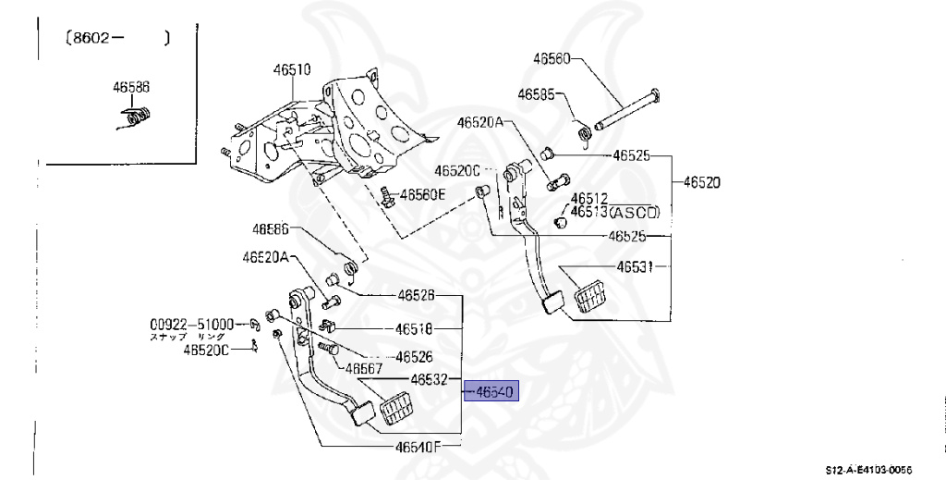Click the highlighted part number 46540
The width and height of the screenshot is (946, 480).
pyautogui.click(x=494, y=391)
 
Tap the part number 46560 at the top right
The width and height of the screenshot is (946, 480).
pyautogui.click(x=552, y=58)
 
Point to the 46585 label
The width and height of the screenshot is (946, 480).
pyautogui.click(x=536, y=94)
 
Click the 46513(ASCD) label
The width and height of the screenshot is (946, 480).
pyautogui.click(x=614, y=212)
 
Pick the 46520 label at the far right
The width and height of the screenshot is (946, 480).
pyautogui.click(x=701, y=182)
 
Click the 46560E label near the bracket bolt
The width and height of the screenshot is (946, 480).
pyautogui.click(x=424, y=194)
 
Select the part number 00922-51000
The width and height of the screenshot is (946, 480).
pyautogui.click(x=192, y=325)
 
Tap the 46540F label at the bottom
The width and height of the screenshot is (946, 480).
pyautogui.click(x=420, y=447)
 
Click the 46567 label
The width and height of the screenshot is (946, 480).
pyautogui.click(x=364, y=368)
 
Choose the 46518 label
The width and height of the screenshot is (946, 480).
pyautogui.click(x=415, y=328)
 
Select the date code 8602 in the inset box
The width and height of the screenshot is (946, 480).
pyautogui.click(x=91, y=39)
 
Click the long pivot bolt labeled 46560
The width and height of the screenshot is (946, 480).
pyautogui.click(x=625, y=108)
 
